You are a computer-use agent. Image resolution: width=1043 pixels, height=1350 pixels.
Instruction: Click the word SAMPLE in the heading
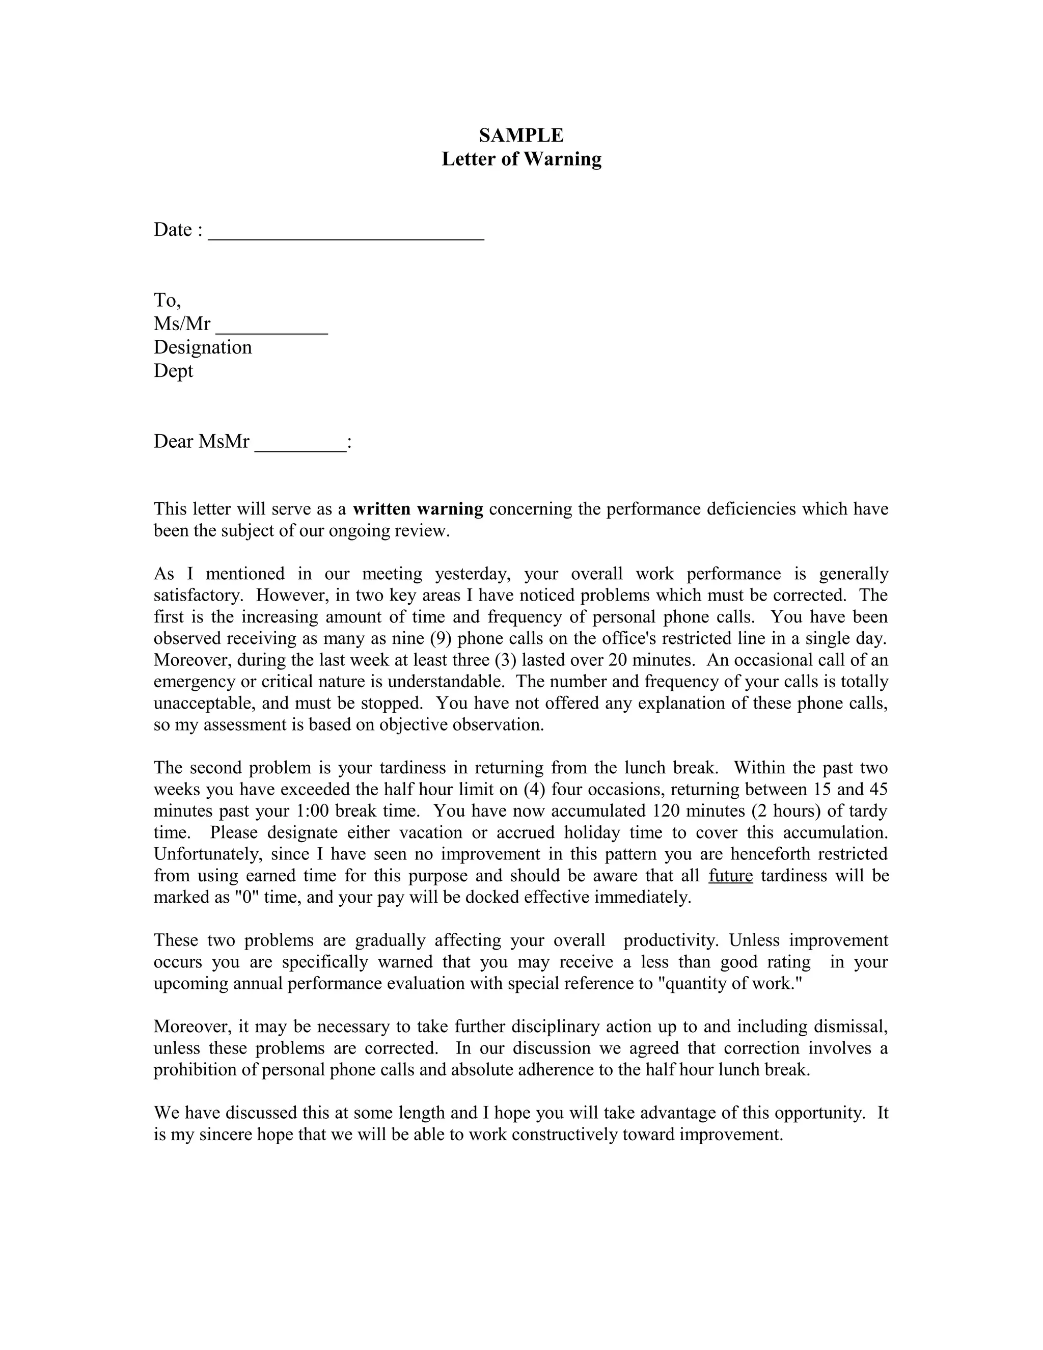click(x=521, y=135)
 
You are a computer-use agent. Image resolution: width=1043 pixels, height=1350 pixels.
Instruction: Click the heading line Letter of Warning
click(x=521, y=159)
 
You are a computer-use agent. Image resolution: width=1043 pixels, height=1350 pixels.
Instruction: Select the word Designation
click(x=203, y=347)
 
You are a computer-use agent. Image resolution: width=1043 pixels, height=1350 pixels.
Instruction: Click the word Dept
click(x=173, y=371)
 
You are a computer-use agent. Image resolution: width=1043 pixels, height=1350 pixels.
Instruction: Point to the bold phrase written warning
click(x=418, y=509)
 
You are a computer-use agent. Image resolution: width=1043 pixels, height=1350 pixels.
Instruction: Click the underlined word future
click(x=730, y=875)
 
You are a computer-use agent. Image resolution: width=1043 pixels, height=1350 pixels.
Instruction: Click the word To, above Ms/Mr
click(x=168, y=301)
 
